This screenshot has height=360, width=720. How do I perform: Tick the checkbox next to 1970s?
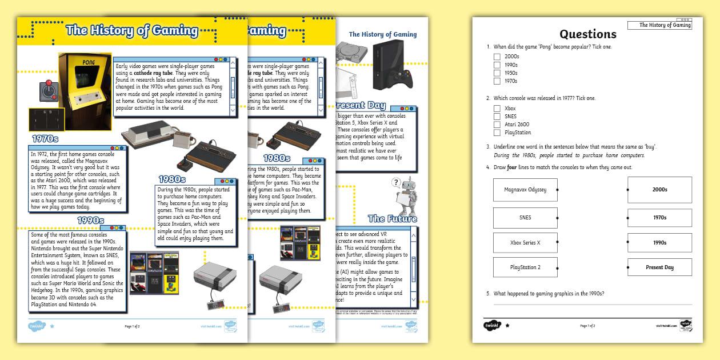[497, 81]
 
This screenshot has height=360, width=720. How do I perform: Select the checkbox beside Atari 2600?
[497, 125]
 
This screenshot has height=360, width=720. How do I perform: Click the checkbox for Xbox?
[497, 108]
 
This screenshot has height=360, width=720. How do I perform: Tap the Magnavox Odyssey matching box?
[525, 190]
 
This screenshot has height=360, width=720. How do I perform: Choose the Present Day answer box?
[659, 267]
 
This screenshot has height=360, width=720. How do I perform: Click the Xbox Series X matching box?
[525, 243]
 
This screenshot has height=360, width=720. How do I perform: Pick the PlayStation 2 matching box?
[525, 267]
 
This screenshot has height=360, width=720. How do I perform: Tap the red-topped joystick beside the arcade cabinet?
[48, 91]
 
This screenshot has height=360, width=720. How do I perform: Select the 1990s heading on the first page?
[90, 221]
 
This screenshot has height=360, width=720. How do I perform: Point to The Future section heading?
[392, 218]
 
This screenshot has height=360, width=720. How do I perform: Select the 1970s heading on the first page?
[46, 139]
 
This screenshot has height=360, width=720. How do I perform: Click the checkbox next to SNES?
[497, 117]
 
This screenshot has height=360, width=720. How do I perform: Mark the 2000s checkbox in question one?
[497, 57]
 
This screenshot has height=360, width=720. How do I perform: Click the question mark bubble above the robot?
[395, 183]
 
